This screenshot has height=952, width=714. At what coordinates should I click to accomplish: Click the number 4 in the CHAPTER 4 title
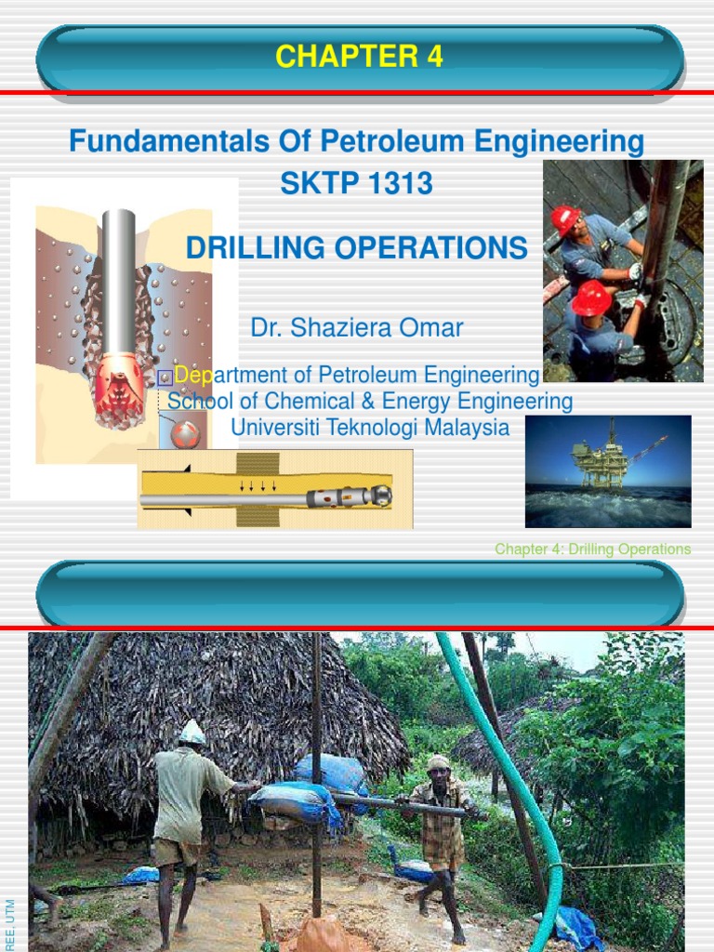[434, 58]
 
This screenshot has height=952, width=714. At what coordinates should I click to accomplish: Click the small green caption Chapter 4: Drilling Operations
[592, 549]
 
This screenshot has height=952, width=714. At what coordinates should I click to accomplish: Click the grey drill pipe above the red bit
[119, 279]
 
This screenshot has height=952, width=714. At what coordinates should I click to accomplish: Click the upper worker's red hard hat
[564, 221]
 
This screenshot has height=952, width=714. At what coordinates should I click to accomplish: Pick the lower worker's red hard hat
[590, 298]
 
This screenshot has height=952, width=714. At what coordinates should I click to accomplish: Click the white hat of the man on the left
[192, 733]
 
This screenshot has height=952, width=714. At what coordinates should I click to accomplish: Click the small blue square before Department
[165, 377]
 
